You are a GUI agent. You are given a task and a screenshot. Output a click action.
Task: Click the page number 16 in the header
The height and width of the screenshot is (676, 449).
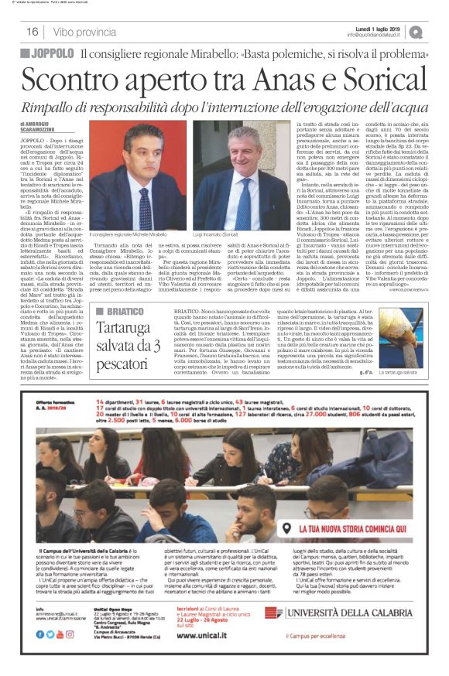[33, 32]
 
